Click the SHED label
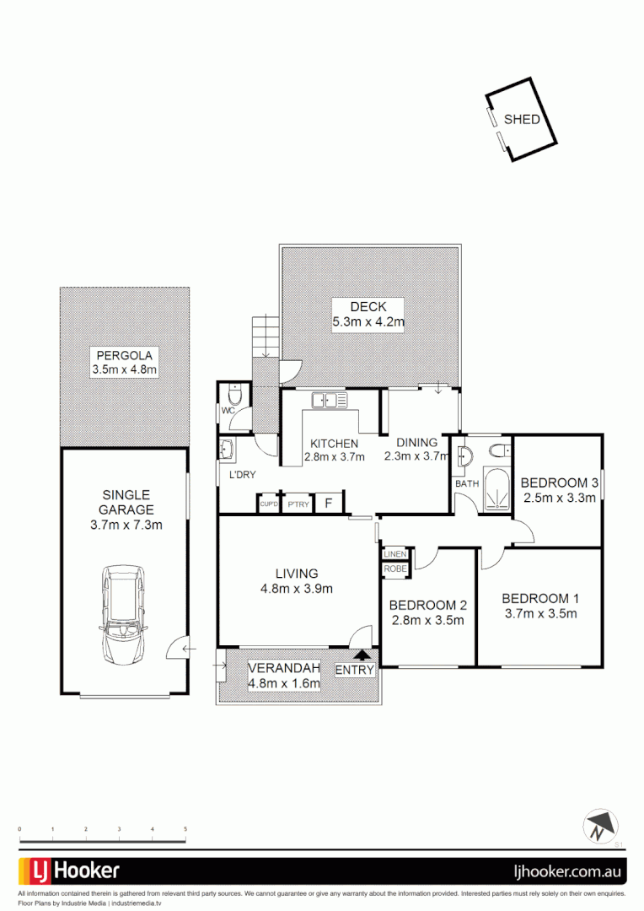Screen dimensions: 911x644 click(x=522, y=119)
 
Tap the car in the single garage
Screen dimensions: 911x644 click(x=123, y=613)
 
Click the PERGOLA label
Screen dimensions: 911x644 click(x=124, y=355)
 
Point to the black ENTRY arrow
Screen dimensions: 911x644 click(x=362, y=654)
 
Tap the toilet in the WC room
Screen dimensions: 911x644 click(x=235, y=394)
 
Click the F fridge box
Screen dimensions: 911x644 click(x=329, y=504)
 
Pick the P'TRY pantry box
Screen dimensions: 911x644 click(x=297, y=504)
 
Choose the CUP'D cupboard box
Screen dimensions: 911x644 click(x=269, y=504)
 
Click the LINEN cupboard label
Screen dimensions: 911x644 click(x=395, y=554)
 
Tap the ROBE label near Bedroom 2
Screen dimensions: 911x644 click(x=394, y=569)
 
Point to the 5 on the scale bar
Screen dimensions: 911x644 click(x=185, y=830)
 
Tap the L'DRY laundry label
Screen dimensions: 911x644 click(x=243, y=476)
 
